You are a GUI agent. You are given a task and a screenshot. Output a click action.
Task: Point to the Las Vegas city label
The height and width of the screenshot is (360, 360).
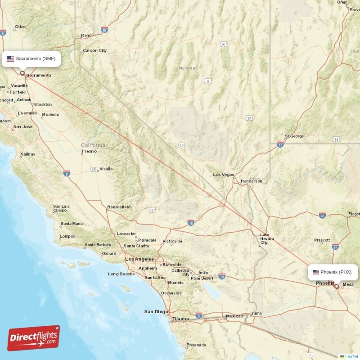coord(223,175)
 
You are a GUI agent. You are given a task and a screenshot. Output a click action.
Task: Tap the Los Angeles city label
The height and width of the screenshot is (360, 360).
coord(139,259)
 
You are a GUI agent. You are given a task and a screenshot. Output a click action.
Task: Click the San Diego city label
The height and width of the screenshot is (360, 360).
coord(156,312)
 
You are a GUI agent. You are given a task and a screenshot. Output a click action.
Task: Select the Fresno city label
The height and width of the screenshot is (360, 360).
coord(90,152)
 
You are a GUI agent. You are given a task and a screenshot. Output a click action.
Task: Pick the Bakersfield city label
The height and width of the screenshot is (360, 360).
coord(119,207)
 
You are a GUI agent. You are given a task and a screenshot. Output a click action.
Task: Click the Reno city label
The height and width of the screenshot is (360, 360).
coord(86,36)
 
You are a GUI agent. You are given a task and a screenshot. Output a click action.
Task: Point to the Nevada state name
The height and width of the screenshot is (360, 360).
coord(187,68)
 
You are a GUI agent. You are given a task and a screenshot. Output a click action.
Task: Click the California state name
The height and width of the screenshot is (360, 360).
coord(94,145)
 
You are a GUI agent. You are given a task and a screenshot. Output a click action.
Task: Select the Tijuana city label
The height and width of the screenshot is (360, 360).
coord(180,319)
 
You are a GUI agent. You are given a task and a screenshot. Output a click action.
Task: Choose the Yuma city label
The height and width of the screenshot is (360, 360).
coord(256,313)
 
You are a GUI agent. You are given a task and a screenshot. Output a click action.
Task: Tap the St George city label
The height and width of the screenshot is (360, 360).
coord(295,136)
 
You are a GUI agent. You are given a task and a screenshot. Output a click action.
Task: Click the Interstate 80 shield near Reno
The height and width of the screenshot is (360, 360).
coord(104,29)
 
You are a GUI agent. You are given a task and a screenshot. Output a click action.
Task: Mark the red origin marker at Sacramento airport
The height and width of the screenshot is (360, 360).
coord(22,73)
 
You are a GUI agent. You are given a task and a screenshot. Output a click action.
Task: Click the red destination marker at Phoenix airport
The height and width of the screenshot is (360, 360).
coord(336,286)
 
